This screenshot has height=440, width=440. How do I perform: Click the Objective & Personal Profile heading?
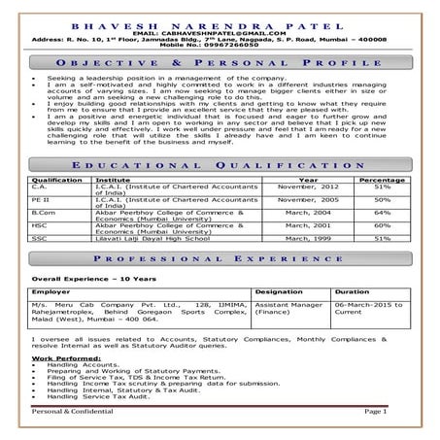pos(220,60)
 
